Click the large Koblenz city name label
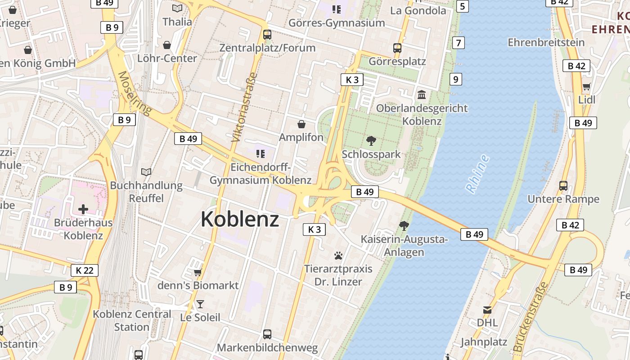(240, 220)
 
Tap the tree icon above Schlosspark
(371, 141)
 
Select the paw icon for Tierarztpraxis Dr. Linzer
(338, 256)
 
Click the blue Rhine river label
(477, 174)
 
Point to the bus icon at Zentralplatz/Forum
(267, 35)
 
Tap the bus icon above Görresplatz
(397, 48)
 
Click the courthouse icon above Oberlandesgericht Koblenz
(422, 95)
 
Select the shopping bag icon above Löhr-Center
(167, 45)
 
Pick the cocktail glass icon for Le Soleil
(200, 305)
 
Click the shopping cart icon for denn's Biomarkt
(198, 272)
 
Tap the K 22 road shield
(85, 270)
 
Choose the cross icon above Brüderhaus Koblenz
(83, 209)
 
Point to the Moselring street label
(135, 93)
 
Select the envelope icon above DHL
(487, 310)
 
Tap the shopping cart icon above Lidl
(586, 87)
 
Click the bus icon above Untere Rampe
(563, 185)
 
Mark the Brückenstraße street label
(531, 317)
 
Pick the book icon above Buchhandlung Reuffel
(146, 172)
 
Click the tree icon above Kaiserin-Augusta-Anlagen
(404, 226)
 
